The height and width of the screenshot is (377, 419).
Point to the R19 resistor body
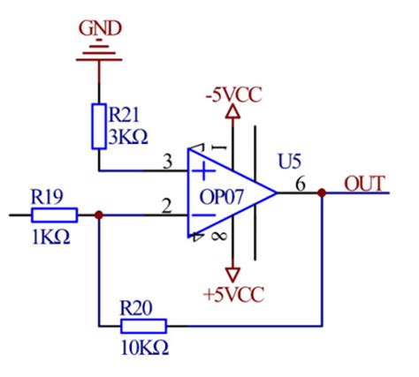click(54, 215)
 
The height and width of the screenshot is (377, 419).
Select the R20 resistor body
click(142, 325)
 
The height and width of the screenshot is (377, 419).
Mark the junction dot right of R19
click(99, 215)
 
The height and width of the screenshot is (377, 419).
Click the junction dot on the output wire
click(321, 194)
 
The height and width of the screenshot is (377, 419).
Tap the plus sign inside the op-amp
click(205, 170)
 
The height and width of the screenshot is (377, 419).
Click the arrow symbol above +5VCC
click(233, 271)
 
